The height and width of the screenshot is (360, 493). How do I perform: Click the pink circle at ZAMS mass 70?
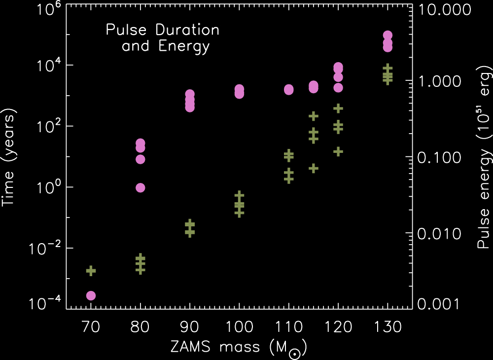coord(91,295)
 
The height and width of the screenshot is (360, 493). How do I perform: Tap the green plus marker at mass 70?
coord(91,271)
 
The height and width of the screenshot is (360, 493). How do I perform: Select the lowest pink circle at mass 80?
coord(140,187)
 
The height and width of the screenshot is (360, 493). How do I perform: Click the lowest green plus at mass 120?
coord(338,151)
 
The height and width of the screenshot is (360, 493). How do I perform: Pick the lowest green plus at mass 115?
coord(314,168)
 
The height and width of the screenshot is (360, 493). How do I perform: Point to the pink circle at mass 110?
coord(288,89)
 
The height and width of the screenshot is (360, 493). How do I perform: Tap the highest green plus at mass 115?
coord(314,116)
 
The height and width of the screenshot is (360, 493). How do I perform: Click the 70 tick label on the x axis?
coord(91,327)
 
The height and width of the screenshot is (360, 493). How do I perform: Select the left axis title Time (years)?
coord(9,157)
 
